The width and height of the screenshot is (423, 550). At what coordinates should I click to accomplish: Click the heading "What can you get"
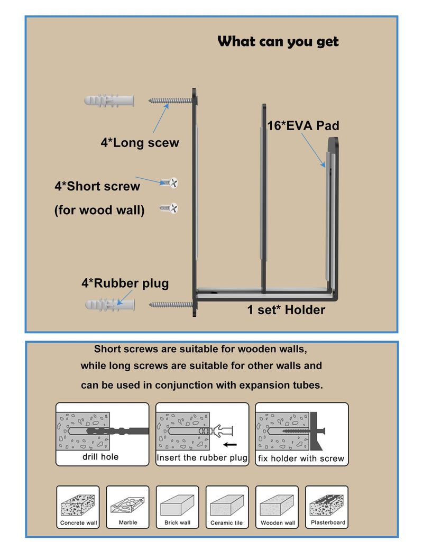click(278, 41)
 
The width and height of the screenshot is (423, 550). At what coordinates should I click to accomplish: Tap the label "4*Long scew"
click(140, 142)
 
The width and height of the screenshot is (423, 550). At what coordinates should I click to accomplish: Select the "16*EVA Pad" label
click(303, 125)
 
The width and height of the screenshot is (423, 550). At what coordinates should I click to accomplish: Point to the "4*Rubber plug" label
click(125, 283)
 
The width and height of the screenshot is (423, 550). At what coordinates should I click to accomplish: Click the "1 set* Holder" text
click(286, 310)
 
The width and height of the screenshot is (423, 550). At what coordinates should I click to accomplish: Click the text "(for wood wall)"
click(99, 210)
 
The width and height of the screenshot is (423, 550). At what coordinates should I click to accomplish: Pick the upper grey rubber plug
click(109, 100)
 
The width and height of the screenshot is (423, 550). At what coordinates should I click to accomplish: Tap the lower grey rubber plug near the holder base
click(110, 305)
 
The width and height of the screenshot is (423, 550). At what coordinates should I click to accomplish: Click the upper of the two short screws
click(169, 183)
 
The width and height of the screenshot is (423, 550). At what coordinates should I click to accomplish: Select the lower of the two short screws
click(169, 208)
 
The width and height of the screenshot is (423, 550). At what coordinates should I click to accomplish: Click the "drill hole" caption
click(100, 457)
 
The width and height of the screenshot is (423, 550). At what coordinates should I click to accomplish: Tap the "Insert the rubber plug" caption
click(202, 458)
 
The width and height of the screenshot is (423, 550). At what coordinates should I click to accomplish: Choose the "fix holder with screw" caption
click(301, 459)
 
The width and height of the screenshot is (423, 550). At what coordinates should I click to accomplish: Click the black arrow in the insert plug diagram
click(230, 445)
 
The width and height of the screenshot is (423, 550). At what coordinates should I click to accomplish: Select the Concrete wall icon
click(78, 507)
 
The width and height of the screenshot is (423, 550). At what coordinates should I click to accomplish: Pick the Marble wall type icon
click(127, 507)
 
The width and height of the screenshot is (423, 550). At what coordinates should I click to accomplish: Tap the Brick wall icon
click(178, 507)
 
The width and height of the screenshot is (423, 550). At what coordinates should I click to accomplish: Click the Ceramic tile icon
click(227, 507)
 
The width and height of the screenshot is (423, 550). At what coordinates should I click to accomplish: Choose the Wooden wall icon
click(277, 507)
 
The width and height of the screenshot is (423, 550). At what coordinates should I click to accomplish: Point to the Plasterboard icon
click(327, 507)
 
